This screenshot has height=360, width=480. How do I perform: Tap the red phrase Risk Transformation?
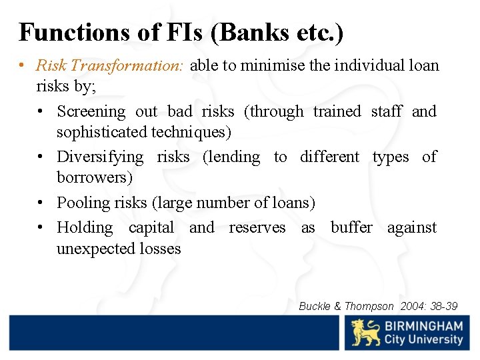pos(112,65)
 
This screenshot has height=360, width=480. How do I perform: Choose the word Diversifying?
pos(100,157)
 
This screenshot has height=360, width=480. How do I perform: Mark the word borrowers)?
pos(95,178)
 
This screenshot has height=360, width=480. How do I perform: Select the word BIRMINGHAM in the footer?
pos(424,326)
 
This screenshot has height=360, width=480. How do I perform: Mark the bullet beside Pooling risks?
pos(41,202)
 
